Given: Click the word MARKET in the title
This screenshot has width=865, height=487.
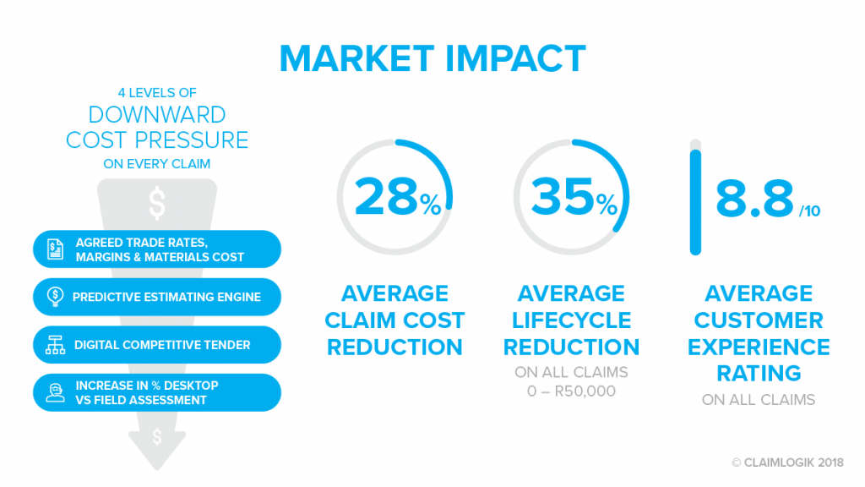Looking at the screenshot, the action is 357,58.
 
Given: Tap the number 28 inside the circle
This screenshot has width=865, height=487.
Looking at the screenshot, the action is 385,196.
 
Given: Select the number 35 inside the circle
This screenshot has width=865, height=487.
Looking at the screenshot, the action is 562,196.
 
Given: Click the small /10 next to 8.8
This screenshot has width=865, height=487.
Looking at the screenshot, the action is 810,211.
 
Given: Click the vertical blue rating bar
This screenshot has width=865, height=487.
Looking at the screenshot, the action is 696,202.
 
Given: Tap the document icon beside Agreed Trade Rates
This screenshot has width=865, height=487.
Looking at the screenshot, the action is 55,249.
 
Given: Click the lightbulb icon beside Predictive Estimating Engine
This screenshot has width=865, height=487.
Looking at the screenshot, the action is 55,297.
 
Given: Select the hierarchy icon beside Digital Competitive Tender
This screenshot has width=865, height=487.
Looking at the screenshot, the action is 55,345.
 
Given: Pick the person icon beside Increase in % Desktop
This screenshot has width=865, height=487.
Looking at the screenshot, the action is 55,392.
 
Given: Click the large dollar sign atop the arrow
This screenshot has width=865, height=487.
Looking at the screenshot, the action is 157,203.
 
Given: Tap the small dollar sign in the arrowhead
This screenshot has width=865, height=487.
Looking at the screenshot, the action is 157,437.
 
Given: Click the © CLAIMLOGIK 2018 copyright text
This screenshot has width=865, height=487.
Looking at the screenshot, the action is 788,462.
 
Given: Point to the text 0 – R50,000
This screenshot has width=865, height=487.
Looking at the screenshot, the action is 571,391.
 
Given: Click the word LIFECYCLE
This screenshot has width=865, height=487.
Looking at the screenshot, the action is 571,320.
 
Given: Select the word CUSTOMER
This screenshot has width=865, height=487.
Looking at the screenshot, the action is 759,320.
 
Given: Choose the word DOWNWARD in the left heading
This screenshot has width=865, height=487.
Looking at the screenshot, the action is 157,115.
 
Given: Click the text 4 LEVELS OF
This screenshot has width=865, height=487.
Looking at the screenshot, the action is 157,93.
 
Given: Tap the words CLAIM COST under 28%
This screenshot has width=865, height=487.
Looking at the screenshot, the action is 394,320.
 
